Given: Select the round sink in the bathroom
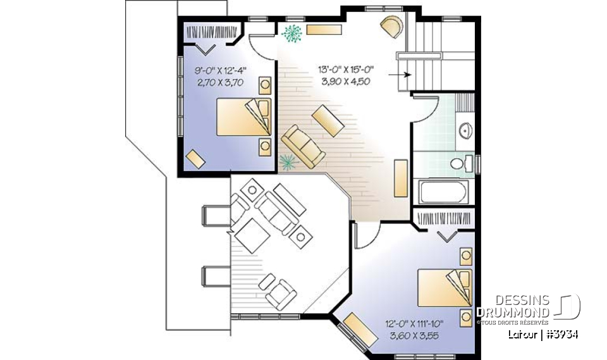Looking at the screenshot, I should [x=467, y=130].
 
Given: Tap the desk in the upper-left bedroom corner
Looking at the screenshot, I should [x=195, y=159].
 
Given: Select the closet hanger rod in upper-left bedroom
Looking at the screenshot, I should [x=211, y=30].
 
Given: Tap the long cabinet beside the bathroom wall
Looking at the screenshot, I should [x=400, y=178].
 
